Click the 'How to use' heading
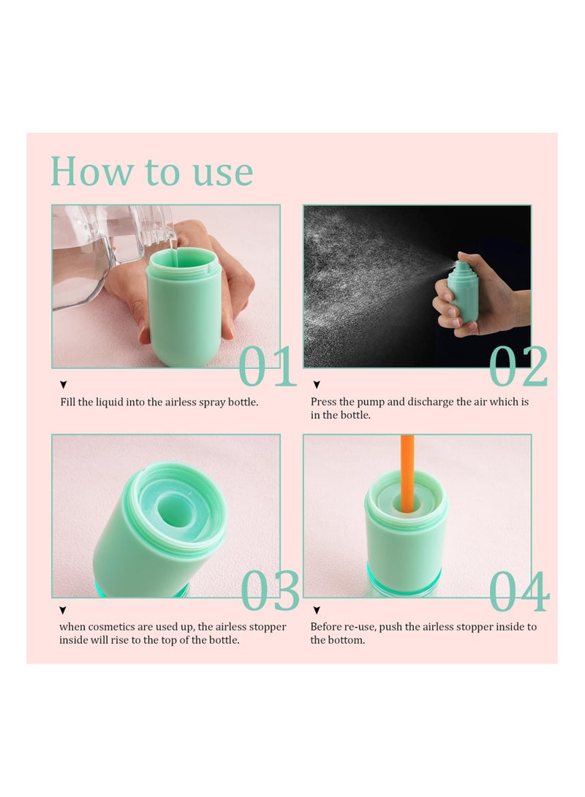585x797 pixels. click(x=151, y=171)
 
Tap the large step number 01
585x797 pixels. click(x=267, y=366)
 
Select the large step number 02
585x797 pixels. click(x=518, y=366)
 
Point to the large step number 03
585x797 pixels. click(x=270, y=591)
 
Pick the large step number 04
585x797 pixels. click(x=519, y=591)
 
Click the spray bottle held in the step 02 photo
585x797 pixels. click(x=462, y=291)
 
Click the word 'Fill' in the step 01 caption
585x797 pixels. click(x=69, y=402)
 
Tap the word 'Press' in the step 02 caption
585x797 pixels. click(x=324, y=402)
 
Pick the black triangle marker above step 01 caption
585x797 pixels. click(x=64, y=385)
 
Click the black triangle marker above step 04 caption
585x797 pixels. click(x=317, y=610)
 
